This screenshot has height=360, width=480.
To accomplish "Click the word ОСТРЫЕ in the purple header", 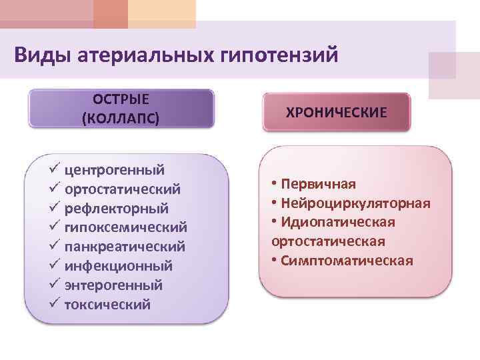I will click(121, 100).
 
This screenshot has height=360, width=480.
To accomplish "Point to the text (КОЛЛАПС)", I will click(121, 119).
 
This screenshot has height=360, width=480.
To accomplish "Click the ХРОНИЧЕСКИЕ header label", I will click(336, 111).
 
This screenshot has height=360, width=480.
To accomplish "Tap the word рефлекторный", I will click(116, 209).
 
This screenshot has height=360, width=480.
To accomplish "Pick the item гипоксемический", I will click(125, 228).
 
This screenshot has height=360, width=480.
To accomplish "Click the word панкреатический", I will click(125, 247).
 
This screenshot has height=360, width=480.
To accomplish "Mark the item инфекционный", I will click(119, 267).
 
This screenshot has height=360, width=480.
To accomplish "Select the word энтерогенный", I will click(113, 285).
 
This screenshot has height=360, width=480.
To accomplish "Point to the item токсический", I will click(107, 305).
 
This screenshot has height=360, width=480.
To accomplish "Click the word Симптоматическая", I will click(347, 260).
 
